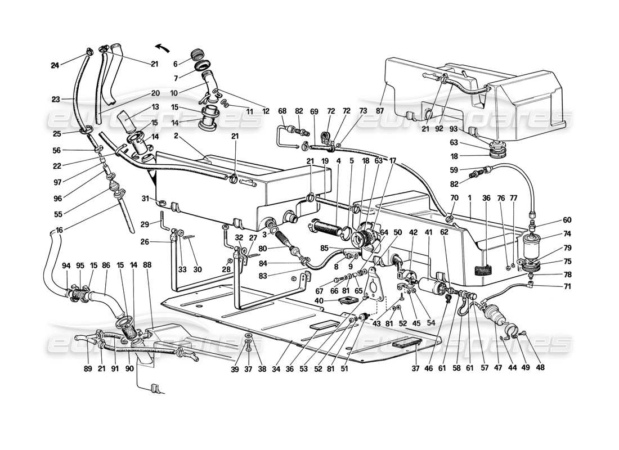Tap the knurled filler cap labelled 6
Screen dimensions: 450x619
[x=198, y=55]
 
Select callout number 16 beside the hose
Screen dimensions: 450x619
[x=59, y=230]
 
